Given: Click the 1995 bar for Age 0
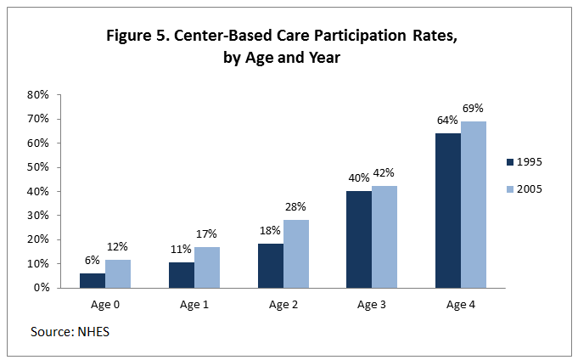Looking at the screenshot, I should (x=93, y=280).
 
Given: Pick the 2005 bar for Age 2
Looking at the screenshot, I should (x=295, y=254).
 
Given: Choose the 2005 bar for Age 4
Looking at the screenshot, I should (x=474, y=205).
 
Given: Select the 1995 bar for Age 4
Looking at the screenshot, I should (x=448, y=211).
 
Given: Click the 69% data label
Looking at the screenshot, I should (x=473, y=109).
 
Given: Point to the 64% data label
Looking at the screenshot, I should (x=446, y=121).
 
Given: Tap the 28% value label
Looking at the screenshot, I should (x=295, y=207).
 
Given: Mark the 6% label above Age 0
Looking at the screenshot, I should (x=92, y=260).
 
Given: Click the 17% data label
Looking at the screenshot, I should (x=207, y=233).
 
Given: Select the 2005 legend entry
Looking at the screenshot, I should (x=530, y=188).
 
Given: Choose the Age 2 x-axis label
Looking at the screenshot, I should (x=283, y=303).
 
